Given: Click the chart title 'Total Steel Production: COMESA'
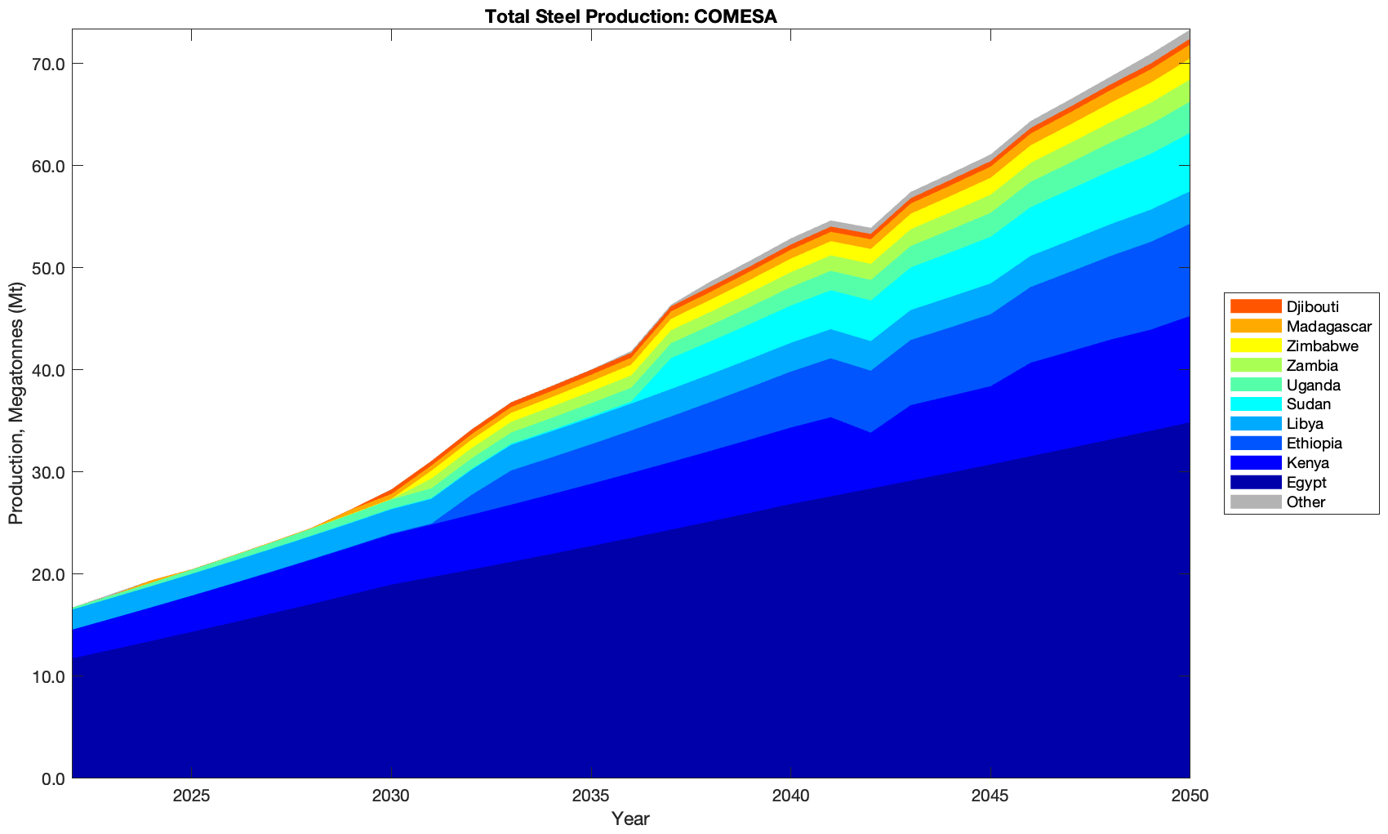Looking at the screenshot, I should (x=629, y=16).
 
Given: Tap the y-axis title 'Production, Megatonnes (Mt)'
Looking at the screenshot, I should (x=16, y=404).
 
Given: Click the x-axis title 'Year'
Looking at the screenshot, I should (x=630, y=818).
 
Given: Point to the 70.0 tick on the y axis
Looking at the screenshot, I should (x=47, y=64).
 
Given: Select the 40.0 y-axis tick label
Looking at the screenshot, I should (x=47, y=370).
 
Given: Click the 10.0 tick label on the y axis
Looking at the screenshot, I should (x=47, y=676).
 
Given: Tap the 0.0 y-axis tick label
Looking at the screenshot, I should (x=51, y=778).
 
